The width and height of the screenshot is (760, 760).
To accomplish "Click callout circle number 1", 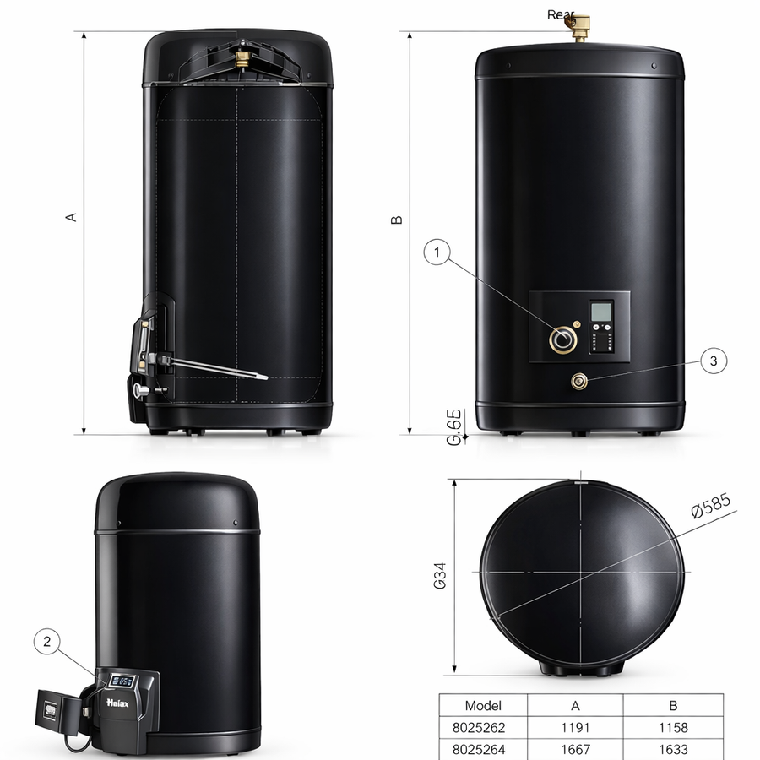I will (x=437, y=251).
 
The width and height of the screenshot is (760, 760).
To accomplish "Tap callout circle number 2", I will (x=47, y=643).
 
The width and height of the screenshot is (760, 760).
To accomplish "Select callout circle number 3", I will (x=714, y=361).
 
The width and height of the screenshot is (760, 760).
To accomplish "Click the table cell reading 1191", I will (x=575, y=727).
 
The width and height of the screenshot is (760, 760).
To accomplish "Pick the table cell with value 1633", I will (x=672, y=749).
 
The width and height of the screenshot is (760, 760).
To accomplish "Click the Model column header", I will (x=483, y=705).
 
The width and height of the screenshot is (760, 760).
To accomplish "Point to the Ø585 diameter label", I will (x=710, y=507).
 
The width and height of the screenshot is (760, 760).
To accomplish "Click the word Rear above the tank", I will (x=562, y=14).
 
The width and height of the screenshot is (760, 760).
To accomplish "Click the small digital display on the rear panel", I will (x=600, y=313).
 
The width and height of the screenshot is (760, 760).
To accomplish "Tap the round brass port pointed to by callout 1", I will (x=562, y=339).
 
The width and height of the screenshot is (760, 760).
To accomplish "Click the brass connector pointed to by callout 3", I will (x=580, y=382).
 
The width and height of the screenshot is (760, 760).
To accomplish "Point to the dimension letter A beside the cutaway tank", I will (x=72, y=216).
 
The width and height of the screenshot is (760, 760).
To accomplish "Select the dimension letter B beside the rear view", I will (x=397, y=220).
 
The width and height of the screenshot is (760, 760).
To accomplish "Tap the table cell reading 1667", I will (x=575, y=749).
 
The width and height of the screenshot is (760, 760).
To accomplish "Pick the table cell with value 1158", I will (x=672, y=727).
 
